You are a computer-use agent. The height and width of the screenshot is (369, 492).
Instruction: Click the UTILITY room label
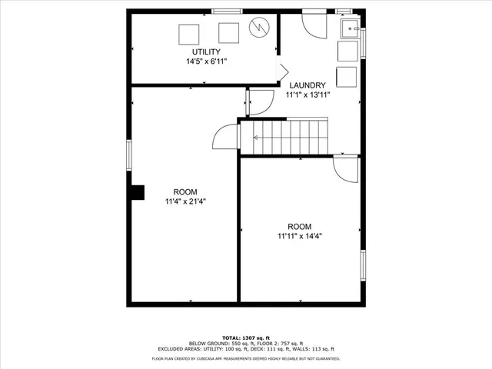(x=206, y=52)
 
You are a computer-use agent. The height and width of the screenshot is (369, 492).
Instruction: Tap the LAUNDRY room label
(x=307, y=85)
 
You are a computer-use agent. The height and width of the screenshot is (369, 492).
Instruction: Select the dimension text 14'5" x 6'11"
(x=206, y=61)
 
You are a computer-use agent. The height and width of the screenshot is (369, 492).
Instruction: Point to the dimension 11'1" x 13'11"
(x=307, y=95)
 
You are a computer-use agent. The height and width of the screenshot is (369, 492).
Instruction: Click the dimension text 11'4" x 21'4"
(x=184, y=201)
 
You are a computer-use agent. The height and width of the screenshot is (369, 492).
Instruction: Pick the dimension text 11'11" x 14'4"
(x=299, y=236)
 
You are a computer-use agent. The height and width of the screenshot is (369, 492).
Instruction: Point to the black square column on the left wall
(x=137, y=192)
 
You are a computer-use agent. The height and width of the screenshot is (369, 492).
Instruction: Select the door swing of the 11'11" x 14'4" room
(x=345, y=168)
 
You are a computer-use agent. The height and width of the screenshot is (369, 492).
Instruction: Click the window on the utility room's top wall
(x=224, y=11)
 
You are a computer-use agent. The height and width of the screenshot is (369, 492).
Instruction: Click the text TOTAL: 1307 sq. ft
(x=245, y=337)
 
